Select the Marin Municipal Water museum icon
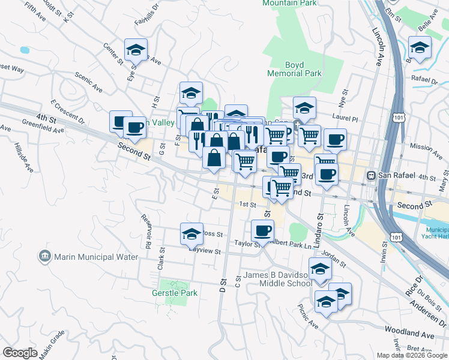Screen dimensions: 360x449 [x=45, y=257]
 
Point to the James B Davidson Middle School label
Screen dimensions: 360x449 [x=278, y=280]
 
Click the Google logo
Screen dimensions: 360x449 [x=20, y=353]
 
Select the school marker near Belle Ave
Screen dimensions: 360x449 [x=419, y=48]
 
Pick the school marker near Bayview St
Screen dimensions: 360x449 [x=191, y=233]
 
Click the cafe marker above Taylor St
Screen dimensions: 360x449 [x=262, y=230]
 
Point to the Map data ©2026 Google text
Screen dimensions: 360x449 [x=411, y=355]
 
